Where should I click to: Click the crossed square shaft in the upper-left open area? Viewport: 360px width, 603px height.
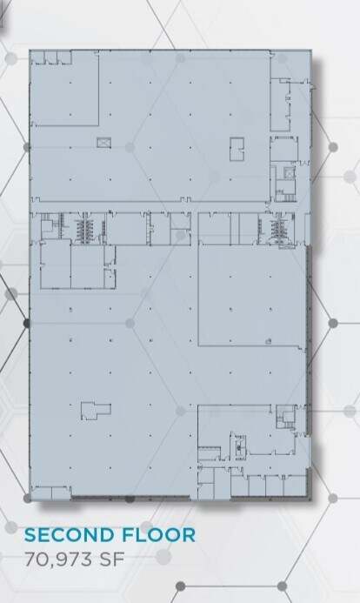(x=104, y=142)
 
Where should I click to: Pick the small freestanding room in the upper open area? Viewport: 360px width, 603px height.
(x=237, y=149)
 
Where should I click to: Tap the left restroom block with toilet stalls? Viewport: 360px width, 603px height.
(x=85, y=229)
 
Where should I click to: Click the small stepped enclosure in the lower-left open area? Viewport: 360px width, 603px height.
(x=95, y=410)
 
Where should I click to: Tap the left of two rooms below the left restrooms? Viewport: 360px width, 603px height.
(x=55, y=265)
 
